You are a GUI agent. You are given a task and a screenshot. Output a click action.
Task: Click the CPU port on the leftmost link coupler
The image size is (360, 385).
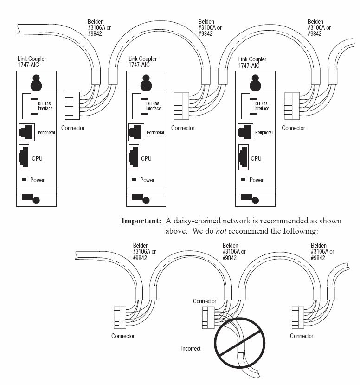pyautogui.click(x=24, y=157)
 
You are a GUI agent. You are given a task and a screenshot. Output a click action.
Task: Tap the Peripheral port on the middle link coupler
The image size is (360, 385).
pyautogui.click(x=136, y=132)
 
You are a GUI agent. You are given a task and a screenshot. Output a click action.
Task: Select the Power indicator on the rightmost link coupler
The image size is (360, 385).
pyautogui.click(x=243, y=179)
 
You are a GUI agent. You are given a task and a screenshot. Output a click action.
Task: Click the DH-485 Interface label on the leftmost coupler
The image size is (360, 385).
pyautogui.click(x=45, y=106)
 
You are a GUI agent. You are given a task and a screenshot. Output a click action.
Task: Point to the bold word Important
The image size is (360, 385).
pyautogui.click(x=141, y=221)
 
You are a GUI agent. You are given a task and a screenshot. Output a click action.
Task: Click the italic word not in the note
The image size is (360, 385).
pyautogui.click(x=221, y=231)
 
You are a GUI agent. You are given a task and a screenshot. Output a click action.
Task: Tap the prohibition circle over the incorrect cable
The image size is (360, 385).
pyautogui.click(x=239, y=343)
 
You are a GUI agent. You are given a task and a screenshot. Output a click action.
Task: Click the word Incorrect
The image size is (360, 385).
pyautogui.click(x=191, y=348)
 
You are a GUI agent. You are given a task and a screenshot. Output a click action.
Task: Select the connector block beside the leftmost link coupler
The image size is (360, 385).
pyautogui.click(x=72, y=106)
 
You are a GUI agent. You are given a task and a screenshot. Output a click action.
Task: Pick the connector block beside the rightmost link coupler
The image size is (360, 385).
pyautogui.click(x=292, y=106)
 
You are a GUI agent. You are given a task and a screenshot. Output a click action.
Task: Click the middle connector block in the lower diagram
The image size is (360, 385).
pyautogui.click(x=208, y=318)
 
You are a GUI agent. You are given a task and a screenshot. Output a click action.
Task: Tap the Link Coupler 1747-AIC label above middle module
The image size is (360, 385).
pyautogui.click(x=142, y=62)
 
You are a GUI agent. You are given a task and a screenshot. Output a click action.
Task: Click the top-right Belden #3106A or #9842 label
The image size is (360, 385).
pyautogui.click(x=319, y=27)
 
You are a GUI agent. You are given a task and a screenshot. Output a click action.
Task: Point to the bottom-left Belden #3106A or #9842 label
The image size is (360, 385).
pyautogui.click(x=144, y=251)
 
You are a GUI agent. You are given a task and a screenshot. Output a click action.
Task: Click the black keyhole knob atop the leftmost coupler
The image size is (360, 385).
pyautogui.click(x=36, y=83)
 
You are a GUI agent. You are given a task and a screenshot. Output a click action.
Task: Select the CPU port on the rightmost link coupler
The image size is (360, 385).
pyautogui.click(x=243, y=157)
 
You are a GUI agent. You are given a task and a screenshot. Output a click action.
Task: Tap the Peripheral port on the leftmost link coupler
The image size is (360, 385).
pyautogui.click(x=27, y=132)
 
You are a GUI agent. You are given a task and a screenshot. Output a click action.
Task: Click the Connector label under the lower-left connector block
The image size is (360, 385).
pyautogui.click(x=123, y=336)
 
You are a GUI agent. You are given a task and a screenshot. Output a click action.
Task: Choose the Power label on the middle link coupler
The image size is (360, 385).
pyautogui.click(x=147, y=180)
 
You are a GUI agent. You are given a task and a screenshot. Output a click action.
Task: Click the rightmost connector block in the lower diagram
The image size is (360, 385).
pyautogui.click(x=298, y=318)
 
